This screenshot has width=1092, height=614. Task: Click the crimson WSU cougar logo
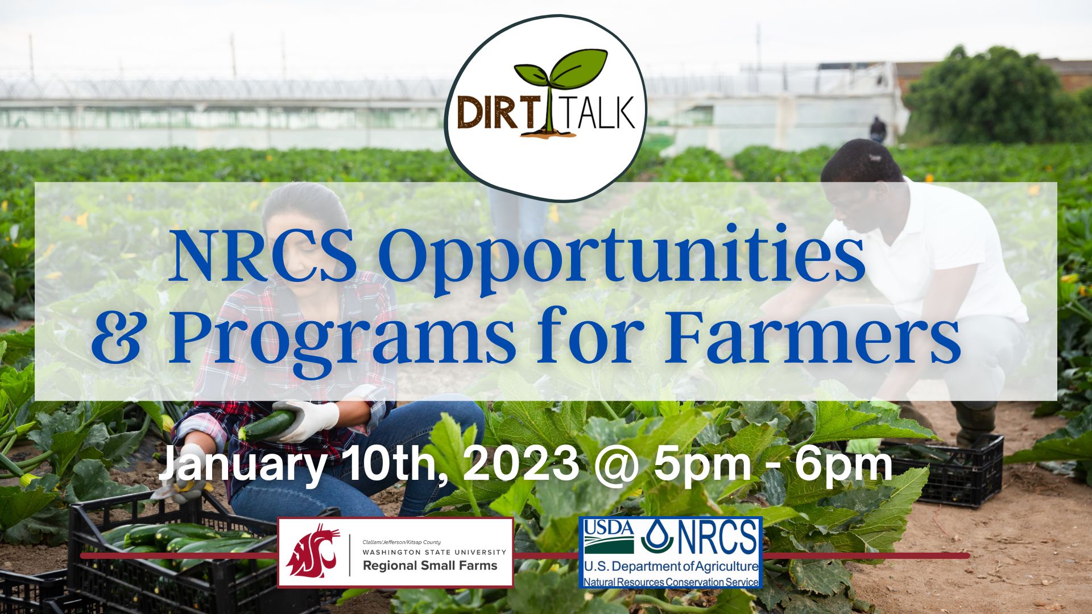pos(313,550)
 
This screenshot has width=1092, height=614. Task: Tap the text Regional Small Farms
pos(430,566)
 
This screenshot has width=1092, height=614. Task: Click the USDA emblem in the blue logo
pos(609,537)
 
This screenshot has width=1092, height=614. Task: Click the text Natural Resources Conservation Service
pos(671,582)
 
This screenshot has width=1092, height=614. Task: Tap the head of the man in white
pos(862,171)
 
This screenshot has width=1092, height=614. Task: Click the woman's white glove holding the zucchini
pos(312,419)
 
